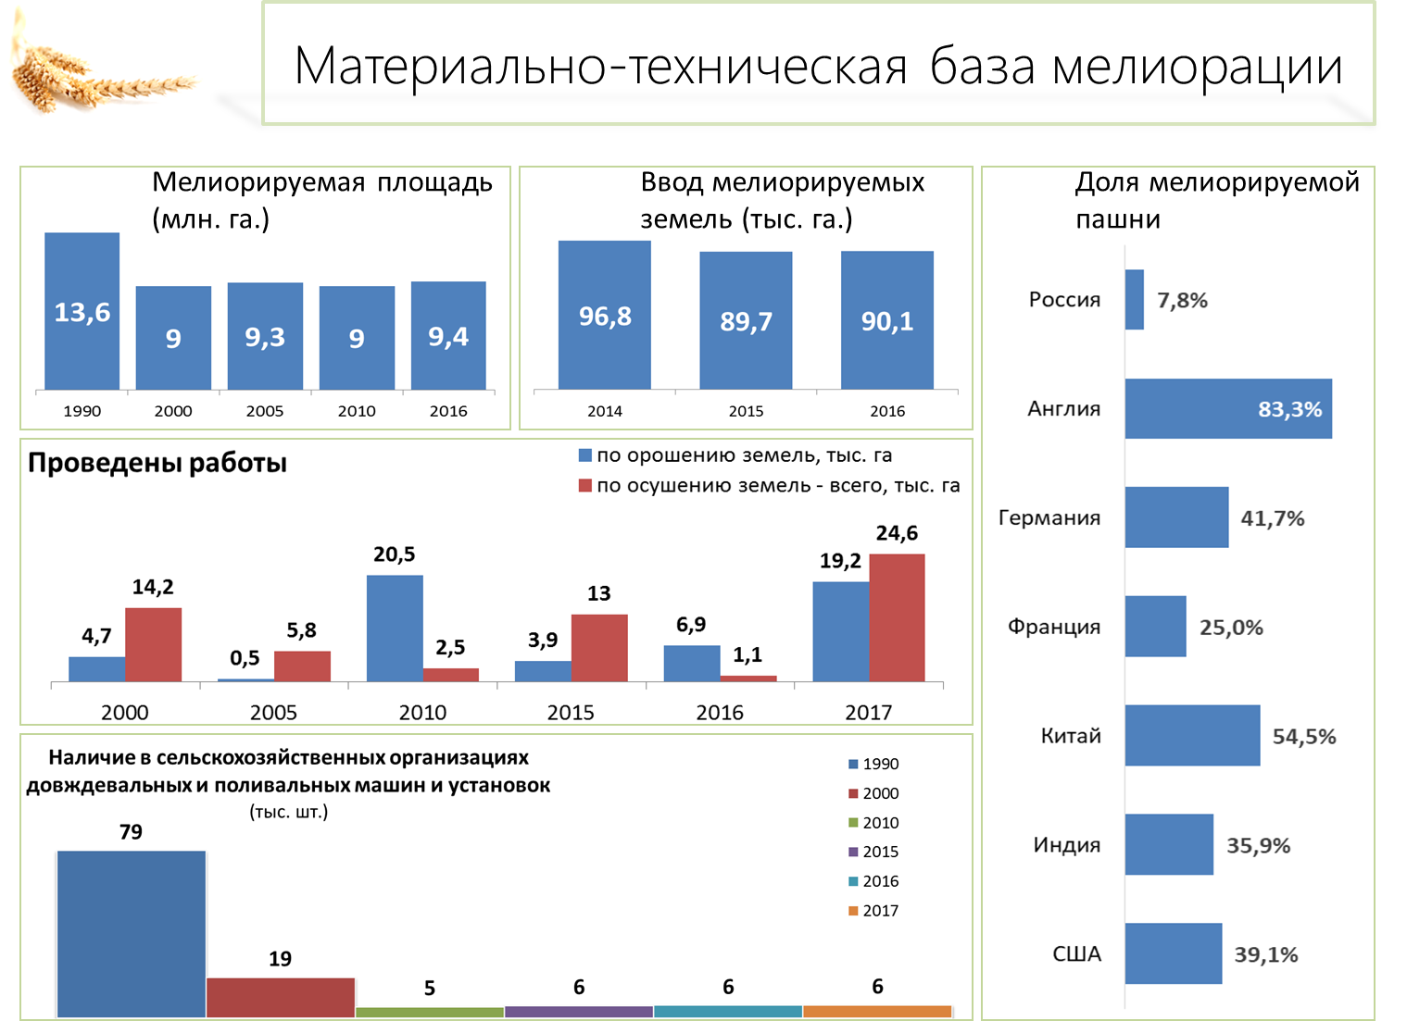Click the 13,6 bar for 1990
pyautogui.click(x=82, y=311)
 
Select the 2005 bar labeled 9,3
pyautogui.click(x=265, y=336)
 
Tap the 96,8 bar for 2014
pyautogui.click(x=605, y=315)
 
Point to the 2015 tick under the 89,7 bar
pyautogui.click(x=746, y=411)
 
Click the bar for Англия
pyautogui.click(x=1228, y=408)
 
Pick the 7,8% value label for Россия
pyautogui.click(x=1182, y=301)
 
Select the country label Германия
pyautogui.click(x=1049, y=517)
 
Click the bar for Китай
pyautogui.click(x=1192, y=736)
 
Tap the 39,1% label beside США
pyautogui.click(x=1265, y=954)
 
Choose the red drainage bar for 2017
pyautogui.click(x=897, y=617)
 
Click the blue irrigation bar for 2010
pyautogui.click(x=395, y=629)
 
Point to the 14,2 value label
pyautogui.click(x=153, y=587)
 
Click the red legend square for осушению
pyautogui.click(x=584, y=485)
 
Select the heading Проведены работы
pyautogui.click(x=157, y=463)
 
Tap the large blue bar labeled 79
pyautogui.click(x=132, y=934)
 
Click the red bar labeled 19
pyautogui.click(x=280, y=997)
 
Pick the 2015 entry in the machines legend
pyautogui.click(x=873, y=852)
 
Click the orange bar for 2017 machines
pyautogui.click(x=877, y=1011)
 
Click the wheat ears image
pyautogui.click(x=100, y=69)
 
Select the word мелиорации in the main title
pyautogui.click(x=1198, y=68)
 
